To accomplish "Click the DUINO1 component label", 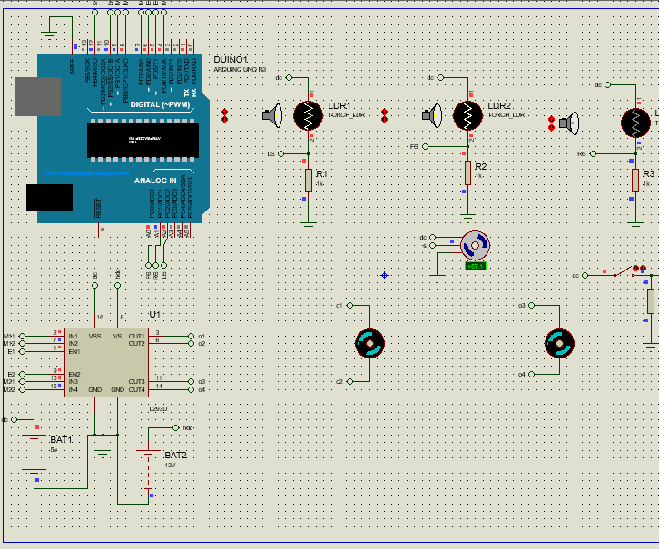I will click(231, 60).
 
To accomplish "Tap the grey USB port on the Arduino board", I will click(35, 95).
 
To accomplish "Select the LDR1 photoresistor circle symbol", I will click(308, 114).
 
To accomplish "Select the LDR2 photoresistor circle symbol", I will click(467, 114).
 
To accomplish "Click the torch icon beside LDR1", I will click(272, 114).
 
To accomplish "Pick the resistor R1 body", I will click(309, 180).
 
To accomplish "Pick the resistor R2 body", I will click(468, 172).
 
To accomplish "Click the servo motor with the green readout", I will click(475, 245).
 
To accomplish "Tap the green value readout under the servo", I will click(475, 266).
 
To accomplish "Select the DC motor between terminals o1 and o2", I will click(369, 343).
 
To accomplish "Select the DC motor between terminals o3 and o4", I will click(559, 343).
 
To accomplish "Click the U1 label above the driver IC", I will click(154, 315).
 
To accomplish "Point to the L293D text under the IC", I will click(159, 408).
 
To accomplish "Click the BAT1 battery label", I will click(61, 439).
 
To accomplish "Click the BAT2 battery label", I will click(175, 455).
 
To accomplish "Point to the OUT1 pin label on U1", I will click(136, 336).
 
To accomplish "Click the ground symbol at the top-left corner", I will click(50, 34).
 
